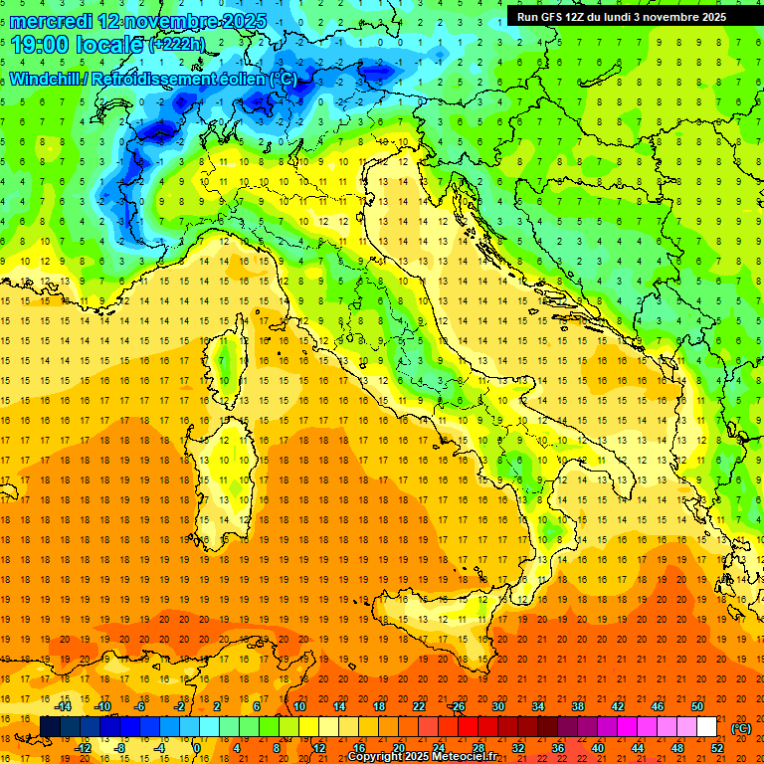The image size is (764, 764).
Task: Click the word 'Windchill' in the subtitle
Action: [x=45, y=79]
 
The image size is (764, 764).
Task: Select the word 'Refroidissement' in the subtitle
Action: [x=150, y=79]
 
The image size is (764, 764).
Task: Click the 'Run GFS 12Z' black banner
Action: [x=621, y=16]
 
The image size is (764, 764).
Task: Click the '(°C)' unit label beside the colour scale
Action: [x=741, y=727]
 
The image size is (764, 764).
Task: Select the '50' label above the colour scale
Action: [x=696, y=706]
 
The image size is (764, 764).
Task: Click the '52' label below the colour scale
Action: [x=716, y=748]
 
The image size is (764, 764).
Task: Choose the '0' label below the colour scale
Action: [x=197, y=748]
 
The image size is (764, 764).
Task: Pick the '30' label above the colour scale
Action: [x=498, y=706]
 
